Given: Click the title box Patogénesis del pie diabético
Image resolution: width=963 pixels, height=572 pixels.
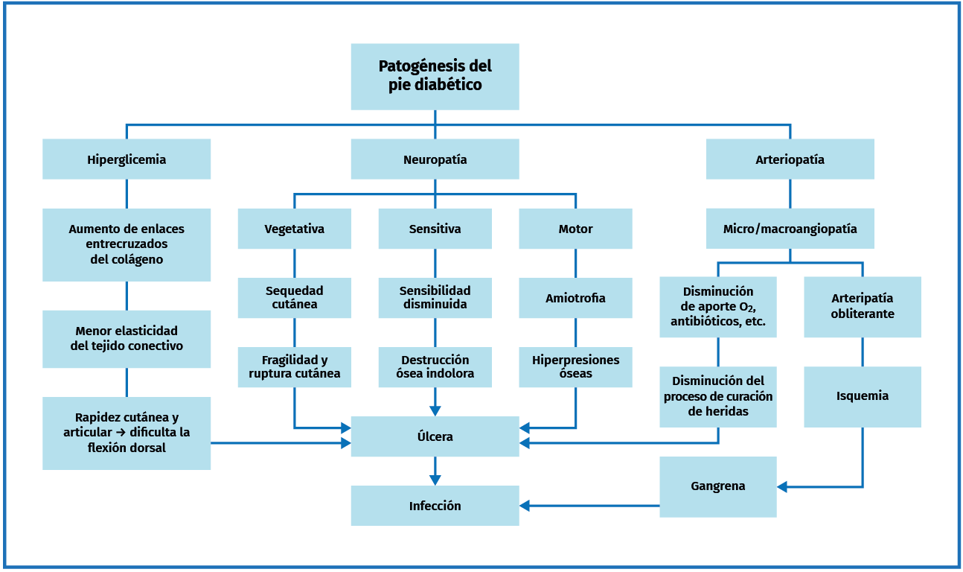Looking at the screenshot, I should point(435,76).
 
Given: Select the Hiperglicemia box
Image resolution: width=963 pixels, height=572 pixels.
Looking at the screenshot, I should point(127,159).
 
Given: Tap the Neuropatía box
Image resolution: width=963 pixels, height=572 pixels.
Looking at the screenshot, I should point(435,159).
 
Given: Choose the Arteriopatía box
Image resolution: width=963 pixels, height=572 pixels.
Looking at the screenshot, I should point(790,159).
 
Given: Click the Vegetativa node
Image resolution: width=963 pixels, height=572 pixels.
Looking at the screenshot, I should point(294,229).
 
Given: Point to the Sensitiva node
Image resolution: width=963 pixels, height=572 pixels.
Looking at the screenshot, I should point(435,229).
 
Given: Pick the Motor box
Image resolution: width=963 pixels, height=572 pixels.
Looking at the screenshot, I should point(575,229).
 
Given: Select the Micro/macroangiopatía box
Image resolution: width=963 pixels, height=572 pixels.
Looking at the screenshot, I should point(790,229).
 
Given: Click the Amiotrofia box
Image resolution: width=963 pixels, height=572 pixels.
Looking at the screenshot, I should point(575,298).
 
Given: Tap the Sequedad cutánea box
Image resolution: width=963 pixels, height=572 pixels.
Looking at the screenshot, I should point(294,298).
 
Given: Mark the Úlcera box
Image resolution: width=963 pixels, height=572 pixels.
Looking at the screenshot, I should point(435,436).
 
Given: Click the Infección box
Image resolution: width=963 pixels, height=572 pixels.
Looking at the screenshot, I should point(435,506).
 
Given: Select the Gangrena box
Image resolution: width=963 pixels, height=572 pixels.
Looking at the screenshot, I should point(717,486).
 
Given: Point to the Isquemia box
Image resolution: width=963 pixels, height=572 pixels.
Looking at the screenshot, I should point(862,396).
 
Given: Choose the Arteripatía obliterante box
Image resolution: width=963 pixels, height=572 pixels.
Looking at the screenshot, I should point(862,306).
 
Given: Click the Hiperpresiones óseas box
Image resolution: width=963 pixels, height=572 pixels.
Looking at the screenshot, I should point(575,366).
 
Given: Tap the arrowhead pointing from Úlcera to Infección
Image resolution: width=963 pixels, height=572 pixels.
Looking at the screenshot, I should point(435,480).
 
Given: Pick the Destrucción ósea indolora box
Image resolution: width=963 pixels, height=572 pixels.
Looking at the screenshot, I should point(435,366).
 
